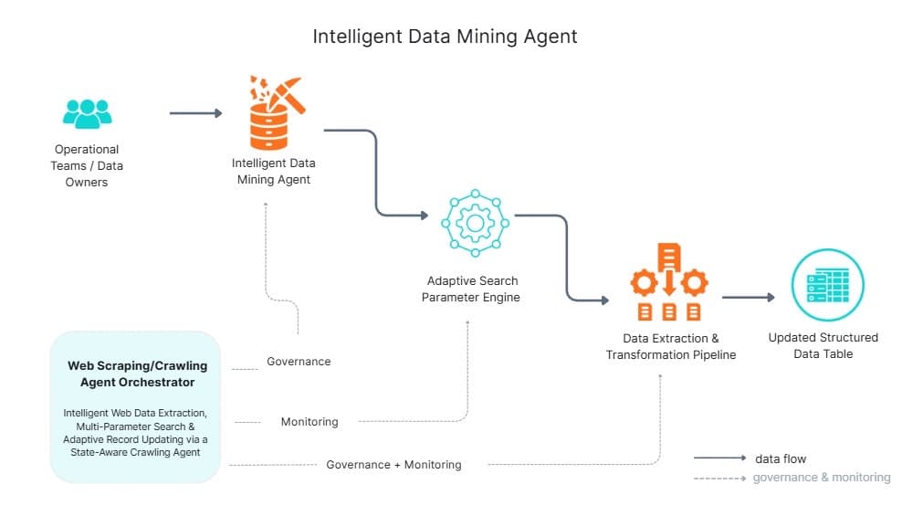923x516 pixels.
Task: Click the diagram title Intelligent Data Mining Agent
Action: pos(445,37)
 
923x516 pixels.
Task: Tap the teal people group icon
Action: pos(88,114)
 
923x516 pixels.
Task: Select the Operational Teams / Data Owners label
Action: pos(87,165)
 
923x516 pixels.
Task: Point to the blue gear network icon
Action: pos(474,223)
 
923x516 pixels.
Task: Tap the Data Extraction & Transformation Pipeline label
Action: pos(670,347)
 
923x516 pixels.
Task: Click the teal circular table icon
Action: pos(826,285)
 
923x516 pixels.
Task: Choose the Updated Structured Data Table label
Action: pos(823,345)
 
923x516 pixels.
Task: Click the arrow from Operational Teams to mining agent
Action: pos(195,113)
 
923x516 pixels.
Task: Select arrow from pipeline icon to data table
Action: pos(748,297)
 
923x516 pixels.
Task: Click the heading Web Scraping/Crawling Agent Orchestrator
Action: pos(137,374)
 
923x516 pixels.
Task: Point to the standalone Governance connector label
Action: pos(299,362)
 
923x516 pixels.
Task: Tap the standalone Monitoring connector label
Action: pos(309,422)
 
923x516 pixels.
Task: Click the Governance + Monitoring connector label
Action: pos(393,465)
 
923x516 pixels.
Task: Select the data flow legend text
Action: pos(780,458)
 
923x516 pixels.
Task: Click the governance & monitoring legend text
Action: pos(821,477)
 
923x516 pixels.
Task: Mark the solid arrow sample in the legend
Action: pos(718,458)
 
